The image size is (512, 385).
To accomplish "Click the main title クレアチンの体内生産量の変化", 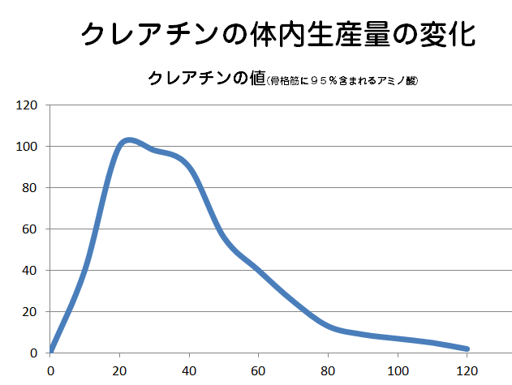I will click(278, 33).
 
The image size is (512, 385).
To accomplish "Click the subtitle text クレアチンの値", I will click(207, 79).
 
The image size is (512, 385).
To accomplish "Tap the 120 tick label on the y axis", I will click(28, 105).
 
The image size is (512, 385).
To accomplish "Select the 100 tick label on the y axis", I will click(28, 147).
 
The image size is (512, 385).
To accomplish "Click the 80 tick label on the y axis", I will click(30, 188).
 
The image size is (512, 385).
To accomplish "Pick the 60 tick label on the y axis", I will click(30, 229).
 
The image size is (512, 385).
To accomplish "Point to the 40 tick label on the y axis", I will click(30, 271).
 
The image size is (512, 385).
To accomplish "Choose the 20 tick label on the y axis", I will click(30, 312).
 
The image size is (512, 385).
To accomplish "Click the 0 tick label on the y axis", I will click(33, 353).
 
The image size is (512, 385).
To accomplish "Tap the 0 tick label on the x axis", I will click(50, 371).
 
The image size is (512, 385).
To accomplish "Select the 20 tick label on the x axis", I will click(120, 371).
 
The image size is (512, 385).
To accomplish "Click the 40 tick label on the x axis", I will click(190, 371).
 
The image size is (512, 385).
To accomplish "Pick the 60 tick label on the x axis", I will click(259, 371).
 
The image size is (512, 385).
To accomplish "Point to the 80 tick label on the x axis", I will click(329, 371).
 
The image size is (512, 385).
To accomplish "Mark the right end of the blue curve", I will click(467, 349).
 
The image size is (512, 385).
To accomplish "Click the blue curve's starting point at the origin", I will click(51, 351).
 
